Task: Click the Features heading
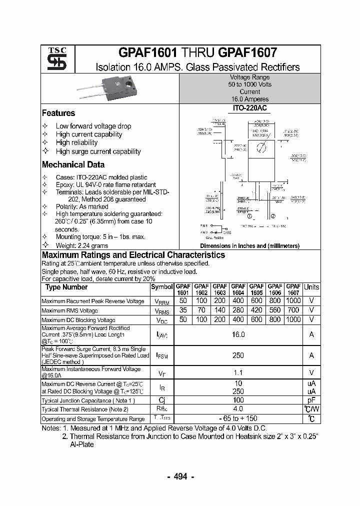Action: [58, 113]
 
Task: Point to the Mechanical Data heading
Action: [73, 164]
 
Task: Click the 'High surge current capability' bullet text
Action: [98, 151]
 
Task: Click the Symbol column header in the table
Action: [161, 287]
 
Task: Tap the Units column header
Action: [311, 287]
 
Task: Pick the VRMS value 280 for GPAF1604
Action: [238, 310]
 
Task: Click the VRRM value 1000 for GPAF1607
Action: [293, 301]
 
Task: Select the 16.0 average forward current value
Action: [238, 335]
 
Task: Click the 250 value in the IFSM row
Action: [238, 355]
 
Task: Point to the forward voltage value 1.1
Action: [238, 372]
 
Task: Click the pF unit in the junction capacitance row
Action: [311, 400]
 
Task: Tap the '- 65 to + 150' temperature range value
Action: [238, 418]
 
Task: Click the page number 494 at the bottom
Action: [180, 476]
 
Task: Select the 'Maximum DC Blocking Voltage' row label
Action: [78, 320]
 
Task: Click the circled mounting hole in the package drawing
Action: [260, 147]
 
